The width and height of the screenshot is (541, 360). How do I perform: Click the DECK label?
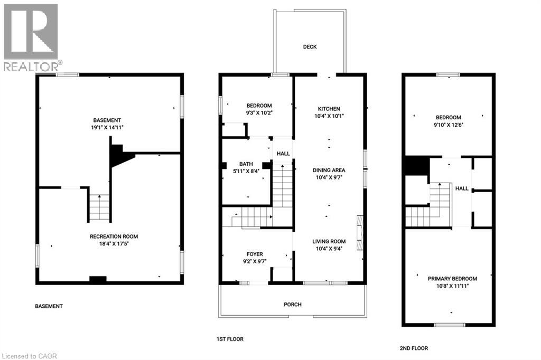coord(310,47)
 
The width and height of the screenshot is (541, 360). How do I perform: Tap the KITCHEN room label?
coord(329,109)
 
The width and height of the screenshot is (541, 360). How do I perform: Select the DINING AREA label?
coord(329,170)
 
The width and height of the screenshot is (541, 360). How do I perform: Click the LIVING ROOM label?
coord(329,242)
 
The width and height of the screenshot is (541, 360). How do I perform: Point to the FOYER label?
coord(252,254)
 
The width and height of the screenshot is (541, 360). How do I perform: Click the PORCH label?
coord(292,304)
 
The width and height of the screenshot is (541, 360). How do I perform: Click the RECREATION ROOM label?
coord(114,236)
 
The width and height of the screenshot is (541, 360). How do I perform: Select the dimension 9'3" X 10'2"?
coord(258,112)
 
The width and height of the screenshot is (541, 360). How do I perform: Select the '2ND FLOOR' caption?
coord(414,348)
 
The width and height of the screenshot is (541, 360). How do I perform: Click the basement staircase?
coord(99,207)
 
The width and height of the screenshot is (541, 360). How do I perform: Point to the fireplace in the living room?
coord(360,232)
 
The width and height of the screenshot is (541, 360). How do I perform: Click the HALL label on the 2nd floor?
coord(462,188)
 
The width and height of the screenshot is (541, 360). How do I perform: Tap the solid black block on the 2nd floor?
coord(416,166)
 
